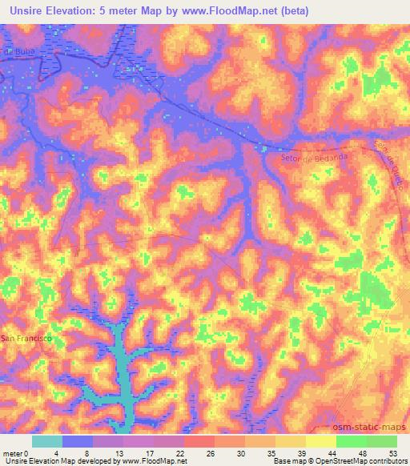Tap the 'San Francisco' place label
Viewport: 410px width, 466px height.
tap(26, 339)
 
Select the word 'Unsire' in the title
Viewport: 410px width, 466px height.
tap(23, 10)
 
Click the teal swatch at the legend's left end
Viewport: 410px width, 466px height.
tap(46, 441)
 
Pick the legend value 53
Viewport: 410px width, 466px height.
tap(393, 452)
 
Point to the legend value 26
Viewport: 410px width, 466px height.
tap(211, 452)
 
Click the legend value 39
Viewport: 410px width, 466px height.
tap(301, 452)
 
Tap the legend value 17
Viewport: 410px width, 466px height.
tap(150, 452)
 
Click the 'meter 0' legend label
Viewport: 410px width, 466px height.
tap(15, 452)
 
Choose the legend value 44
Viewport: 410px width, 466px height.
tap(332, 452)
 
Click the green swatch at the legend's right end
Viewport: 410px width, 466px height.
tap(382, 441)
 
